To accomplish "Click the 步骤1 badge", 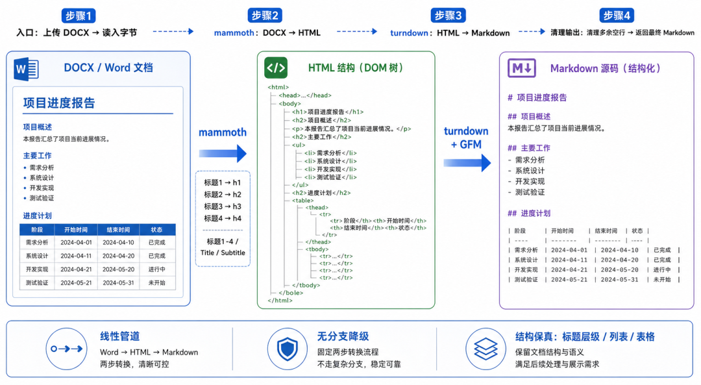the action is [79, 16].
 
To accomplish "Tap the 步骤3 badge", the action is [448, 15].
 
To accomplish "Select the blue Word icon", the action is [26, 69].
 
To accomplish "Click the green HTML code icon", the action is [276, 68].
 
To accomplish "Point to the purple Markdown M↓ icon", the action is [521, 68].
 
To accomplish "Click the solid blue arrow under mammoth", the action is [223, 153].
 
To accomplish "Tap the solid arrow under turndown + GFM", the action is [467, 163].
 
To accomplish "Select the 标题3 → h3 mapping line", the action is [222, 206].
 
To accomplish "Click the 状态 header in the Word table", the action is [156, 230].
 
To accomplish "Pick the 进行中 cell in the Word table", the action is [157, 269].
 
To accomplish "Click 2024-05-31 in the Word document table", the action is [118, 282].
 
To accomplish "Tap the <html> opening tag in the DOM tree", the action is [278, 87].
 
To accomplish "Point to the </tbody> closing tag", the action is [306, 285].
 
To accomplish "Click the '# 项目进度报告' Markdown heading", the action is [537, 97].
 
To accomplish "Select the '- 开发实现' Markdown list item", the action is [526, 182].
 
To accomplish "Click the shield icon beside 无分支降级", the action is [287, 349].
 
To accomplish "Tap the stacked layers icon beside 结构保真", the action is [486, 349].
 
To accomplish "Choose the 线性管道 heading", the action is [120, 336].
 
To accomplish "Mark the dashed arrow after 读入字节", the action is [173, 31].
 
